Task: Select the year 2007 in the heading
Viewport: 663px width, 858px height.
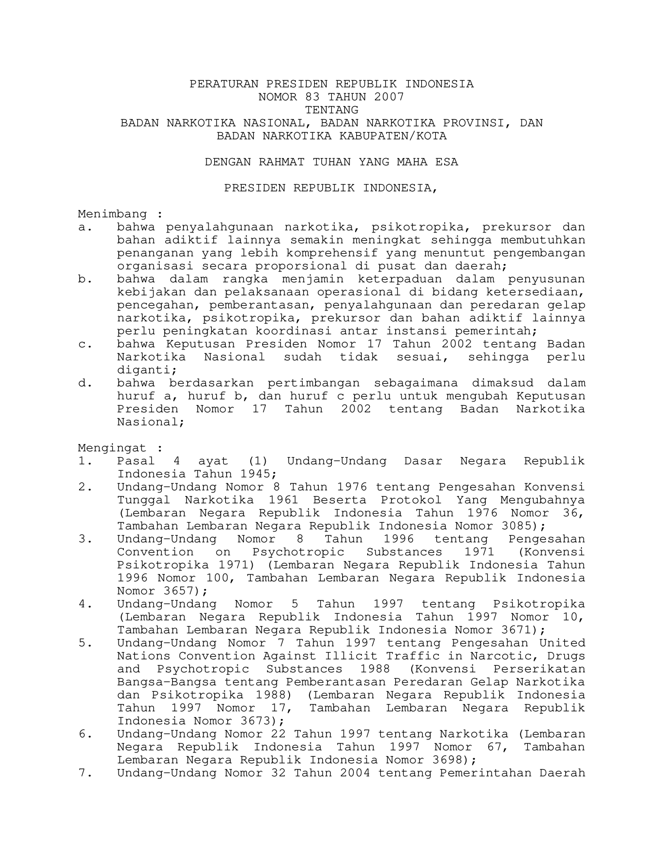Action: [x=388, y=97]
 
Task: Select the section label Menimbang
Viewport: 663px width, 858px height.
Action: [x=112, y=214]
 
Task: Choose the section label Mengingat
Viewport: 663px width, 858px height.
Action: [x=112, y=448]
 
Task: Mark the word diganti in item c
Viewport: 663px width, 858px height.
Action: [x=145, y=370]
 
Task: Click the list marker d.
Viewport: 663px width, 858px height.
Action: [x=82, y=383]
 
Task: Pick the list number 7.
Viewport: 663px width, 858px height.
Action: [x=83, y=773]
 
